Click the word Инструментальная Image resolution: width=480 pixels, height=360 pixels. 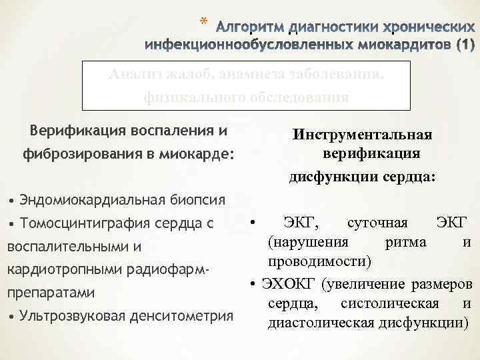pos(362,135)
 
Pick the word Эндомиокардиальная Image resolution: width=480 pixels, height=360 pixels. pos(88,199)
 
